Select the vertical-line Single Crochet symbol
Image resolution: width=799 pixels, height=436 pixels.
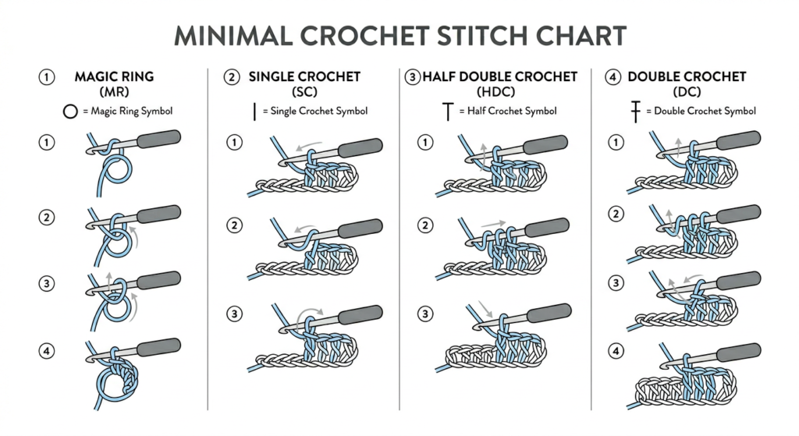[254, 112]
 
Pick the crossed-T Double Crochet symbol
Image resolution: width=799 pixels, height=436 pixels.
[635, 112]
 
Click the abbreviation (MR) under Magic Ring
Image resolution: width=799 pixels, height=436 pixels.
[115, 92]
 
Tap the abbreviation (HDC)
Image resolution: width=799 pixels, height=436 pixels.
[495, 92]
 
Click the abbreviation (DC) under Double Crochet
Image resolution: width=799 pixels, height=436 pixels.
[687, 92]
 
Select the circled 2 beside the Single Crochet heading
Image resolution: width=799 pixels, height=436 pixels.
[232, 77]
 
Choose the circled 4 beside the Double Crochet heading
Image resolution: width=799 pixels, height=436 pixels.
[613, 77]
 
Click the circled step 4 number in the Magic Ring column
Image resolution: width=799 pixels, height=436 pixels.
[47, 351]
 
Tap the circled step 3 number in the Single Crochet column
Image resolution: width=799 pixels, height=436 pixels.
[234, 314]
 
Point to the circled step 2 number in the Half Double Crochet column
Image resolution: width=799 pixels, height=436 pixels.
[425, 225]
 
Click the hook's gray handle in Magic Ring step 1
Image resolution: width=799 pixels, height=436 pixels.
[158, 139]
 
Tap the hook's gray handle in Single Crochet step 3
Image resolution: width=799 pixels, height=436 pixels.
[360, 314]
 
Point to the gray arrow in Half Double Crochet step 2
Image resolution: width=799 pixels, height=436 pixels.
[493, 224]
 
